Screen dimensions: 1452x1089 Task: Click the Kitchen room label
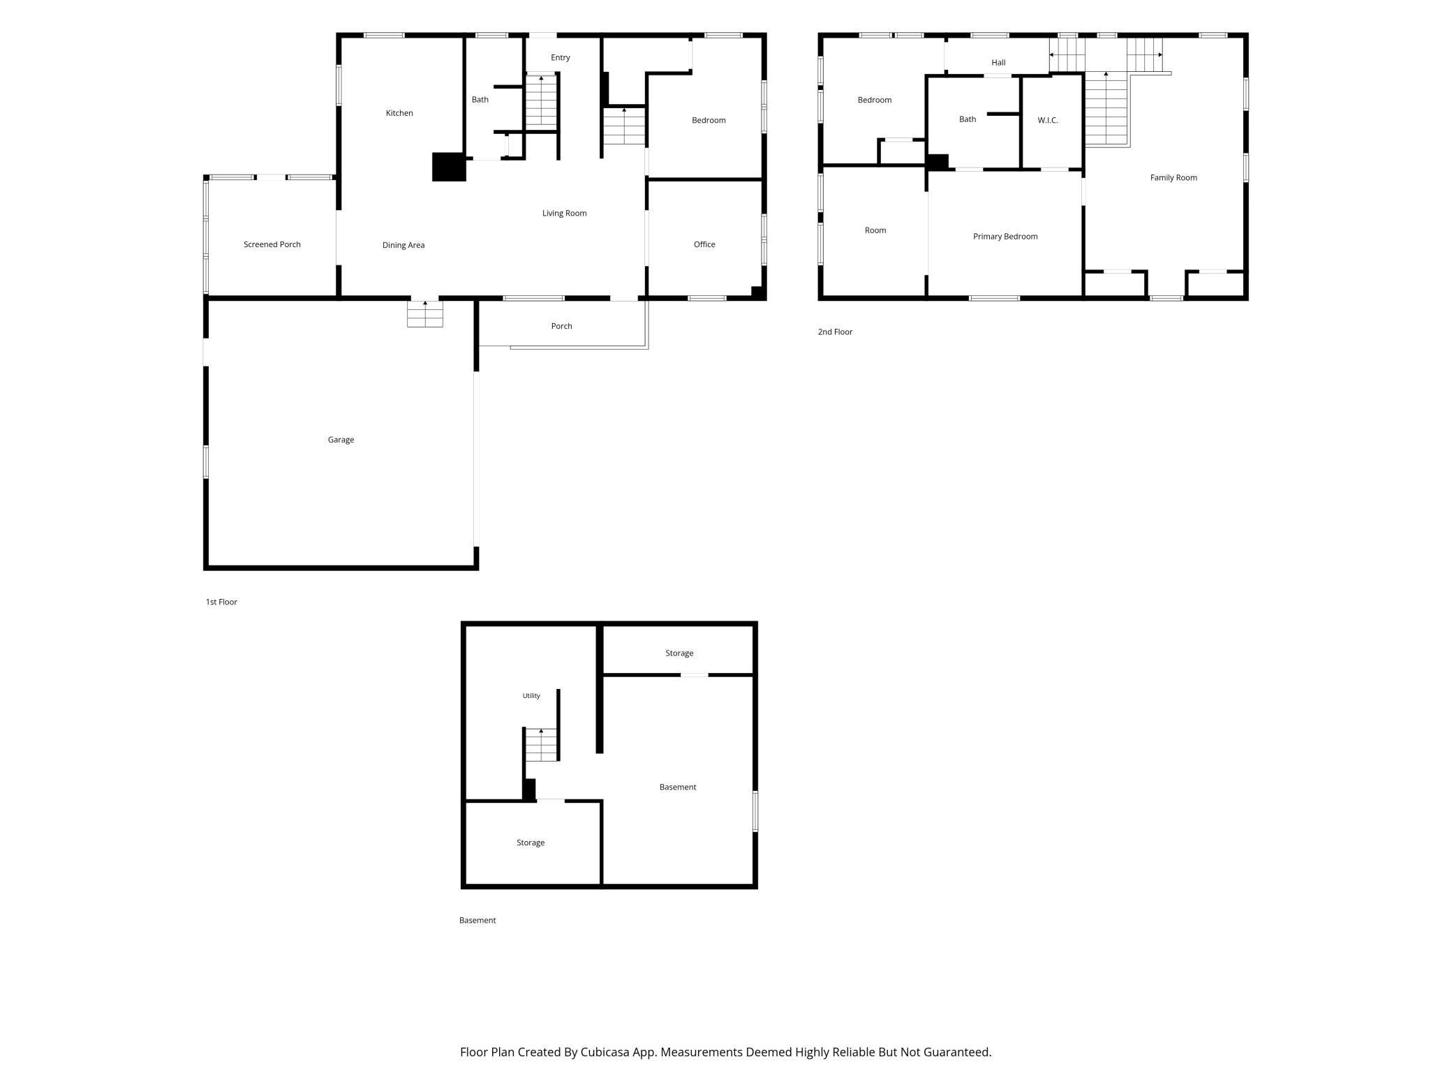[399, 113]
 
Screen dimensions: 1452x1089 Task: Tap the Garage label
[341, 440]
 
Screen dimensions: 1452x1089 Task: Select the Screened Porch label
[272, 244]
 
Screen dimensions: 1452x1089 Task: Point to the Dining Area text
[403, 245]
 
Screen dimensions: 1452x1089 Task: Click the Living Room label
[564, 213]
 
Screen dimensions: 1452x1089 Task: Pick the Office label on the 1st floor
[704, 244]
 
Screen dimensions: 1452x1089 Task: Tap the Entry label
[561, 57]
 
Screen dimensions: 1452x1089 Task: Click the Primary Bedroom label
[1005, 237]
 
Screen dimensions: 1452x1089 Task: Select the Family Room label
[1173, 177]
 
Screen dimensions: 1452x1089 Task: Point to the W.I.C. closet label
[1048, 120]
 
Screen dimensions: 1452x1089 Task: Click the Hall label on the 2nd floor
[998, 63]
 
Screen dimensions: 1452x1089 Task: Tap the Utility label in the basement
[531, 696]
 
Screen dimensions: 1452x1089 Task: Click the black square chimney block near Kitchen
[449, 167]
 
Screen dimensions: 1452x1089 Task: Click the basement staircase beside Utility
[542, 744]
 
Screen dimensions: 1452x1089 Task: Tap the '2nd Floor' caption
[835, 332]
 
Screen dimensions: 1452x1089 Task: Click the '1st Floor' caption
[221, 602]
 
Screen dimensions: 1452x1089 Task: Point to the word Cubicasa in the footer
[605, 1051]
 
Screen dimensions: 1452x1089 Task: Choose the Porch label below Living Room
[561, 326]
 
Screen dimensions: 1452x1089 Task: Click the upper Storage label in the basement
[679, 653]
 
